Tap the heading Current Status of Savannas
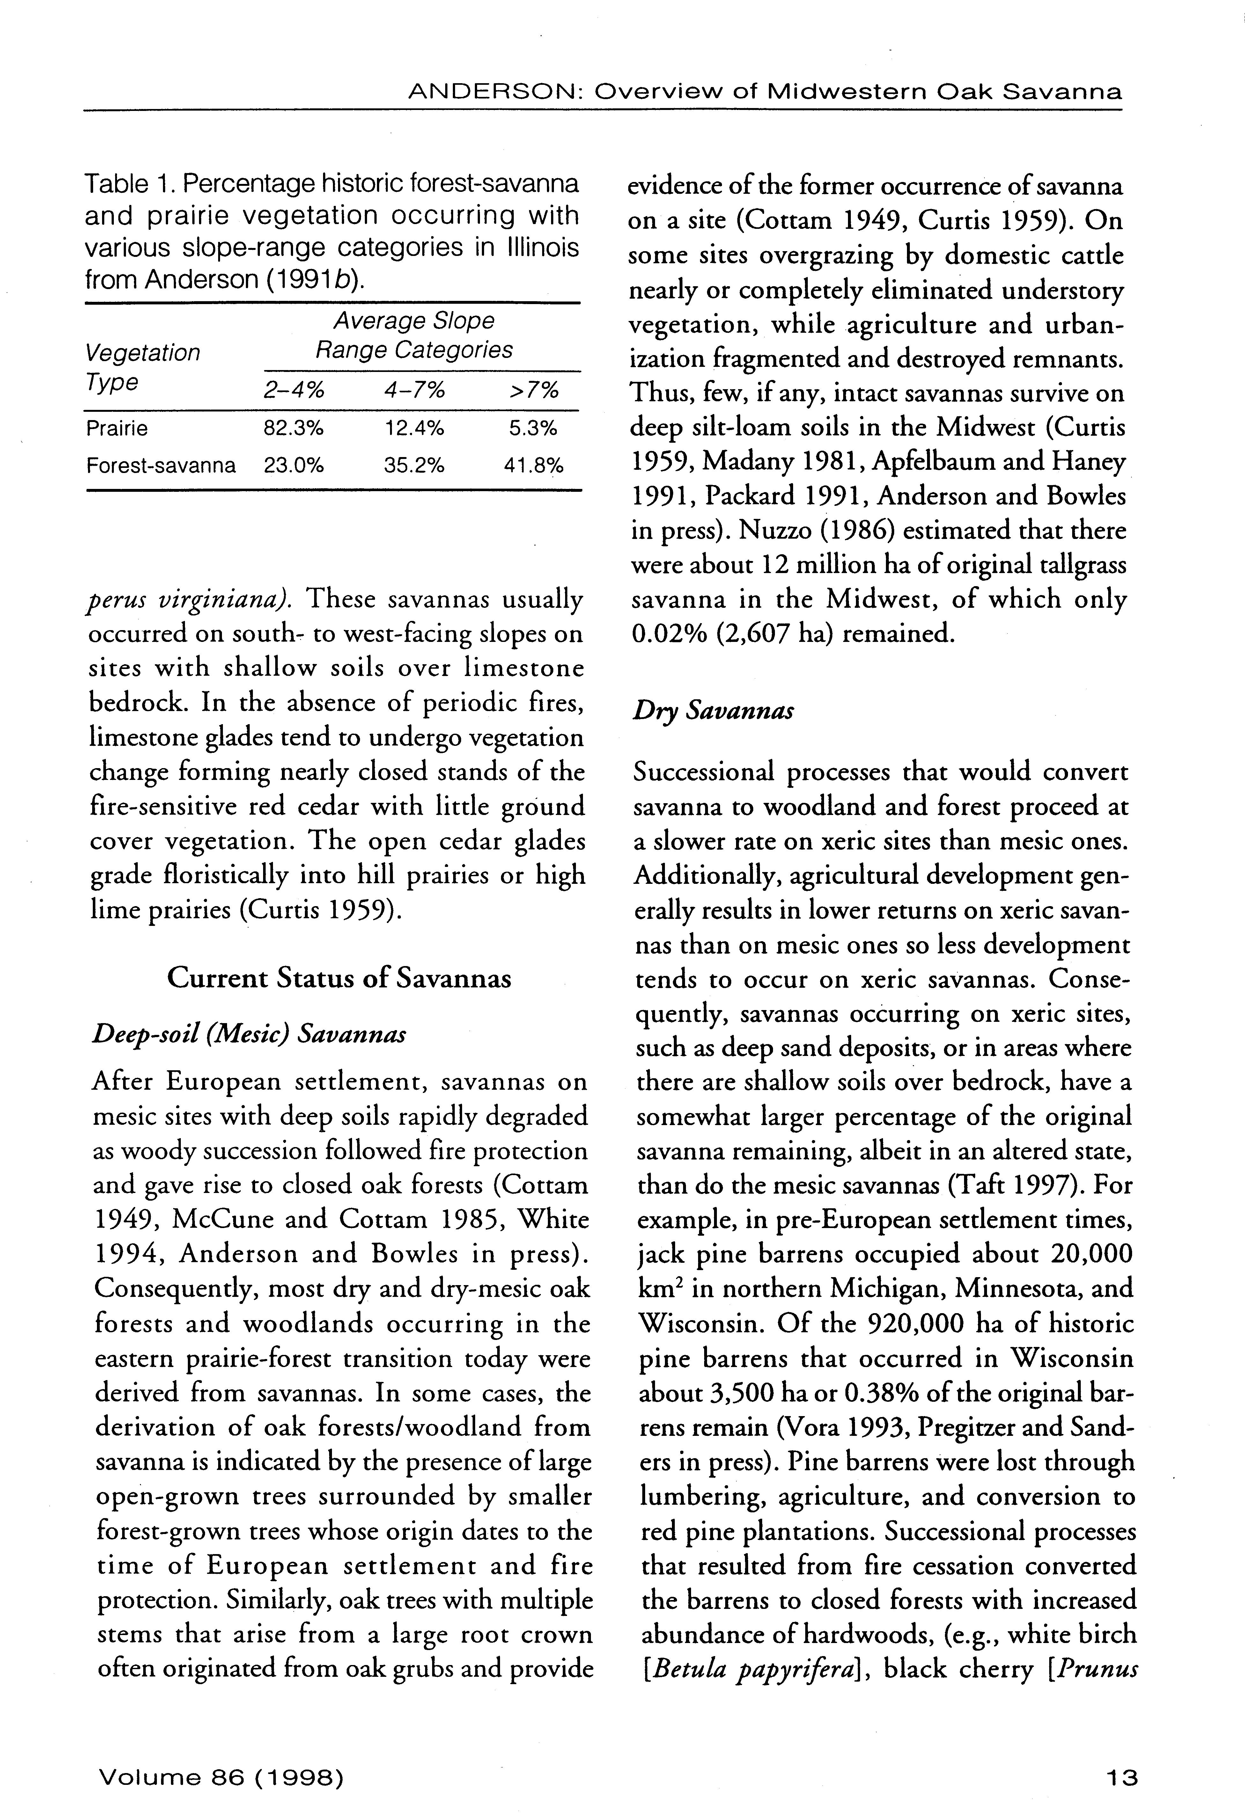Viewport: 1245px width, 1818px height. tap(340, 978)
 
